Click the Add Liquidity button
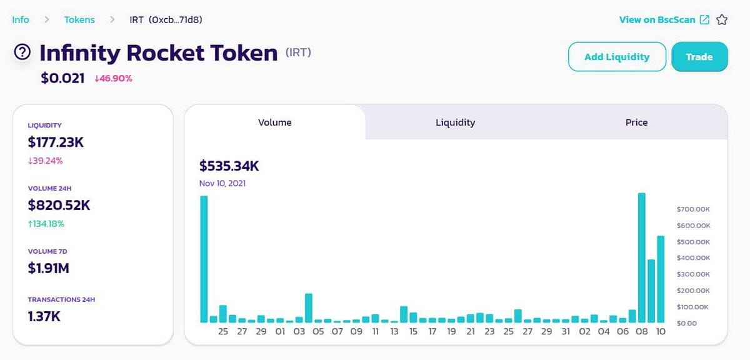coord(617,57)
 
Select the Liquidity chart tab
coord(455,122)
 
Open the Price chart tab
coord(636,122)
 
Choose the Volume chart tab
coord(275,122)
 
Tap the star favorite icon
coord(722,20)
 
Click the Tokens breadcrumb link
coord(79,20)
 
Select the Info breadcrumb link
coord(21,20)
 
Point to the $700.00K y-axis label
coord(693,209)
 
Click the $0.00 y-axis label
coord(686,323)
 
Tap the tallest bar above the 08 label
coord(641,257)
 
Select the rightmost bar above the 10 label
coord(661,279)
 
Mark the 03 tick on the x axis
coord(299,331)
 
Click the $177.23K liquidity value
coord(56,142)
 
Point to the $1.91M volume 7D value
coord(49,268)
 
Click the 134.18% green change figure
coord(46,224)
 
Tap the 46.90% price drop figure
coord(114,79)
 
